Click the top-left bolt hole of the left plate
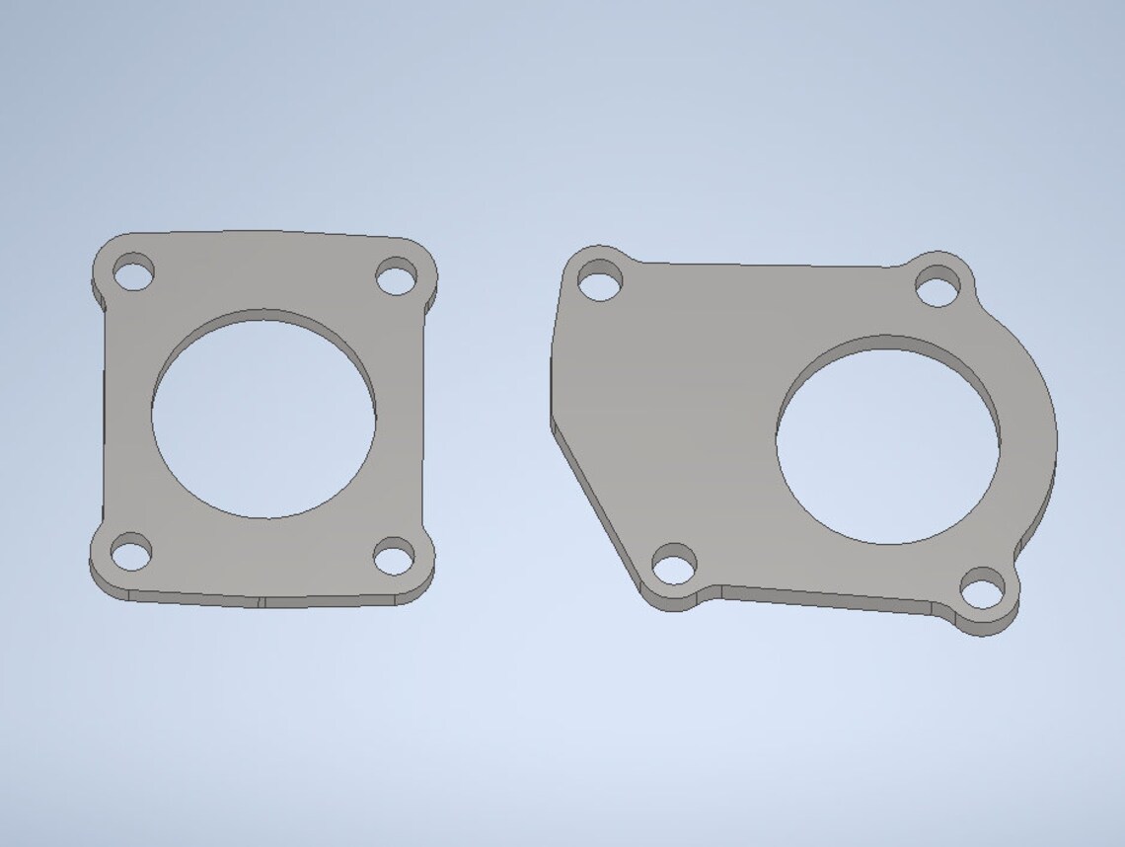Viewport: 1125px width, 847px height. pos(133,272)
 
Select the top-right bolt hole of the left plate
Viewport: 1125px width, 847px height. pos(397,277)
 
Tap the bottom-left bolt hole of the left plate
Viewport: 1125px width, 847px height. pos(131,553)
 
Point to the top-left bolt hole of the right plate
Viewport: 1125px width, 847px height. pos(600,281)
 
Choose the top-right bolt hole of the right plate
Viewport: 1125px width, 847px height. pos(937,288)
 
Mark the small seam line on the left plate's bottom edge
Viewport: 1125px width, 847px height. pos(262,601)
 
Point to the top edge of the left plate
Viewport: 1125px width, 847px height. pos(266,233)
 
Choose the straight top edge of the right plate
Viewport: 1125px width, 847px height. pos(770,266)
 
